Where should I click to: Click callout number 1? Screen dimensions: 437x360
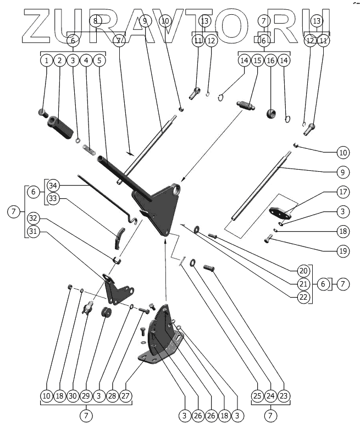(x=47, y=60)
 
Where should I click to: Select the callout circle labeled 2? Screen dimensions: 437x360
(x=60, y=60)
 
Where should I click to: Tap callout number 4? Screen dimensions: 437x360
(x=86, y=60)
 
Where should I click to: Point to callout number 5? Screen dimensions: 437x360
(x=99, y=60)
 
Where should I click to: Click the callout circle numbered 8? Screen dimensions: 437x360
(x=96, y=21)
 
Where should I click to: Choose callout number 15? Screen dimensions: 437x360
(x=257, y=60)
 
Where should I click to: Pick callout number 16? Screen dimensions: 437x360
(x=270, y=60)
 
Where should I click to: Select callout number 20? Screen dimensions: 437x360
(x=304, y=271)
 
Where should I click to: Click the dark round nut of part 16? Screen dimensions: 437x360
(x=270, y=113)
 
